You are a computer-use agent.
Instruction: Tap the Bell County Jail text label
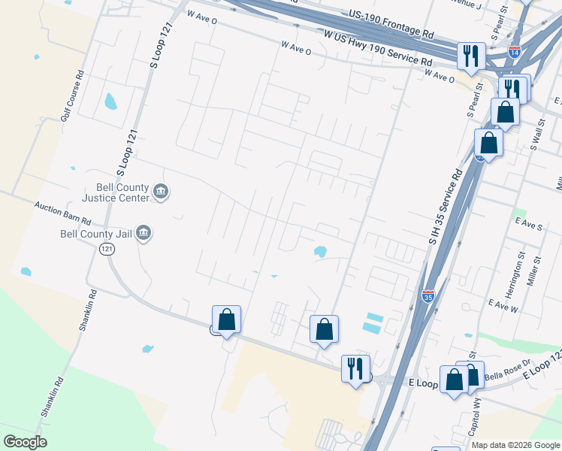(x=96, y=234)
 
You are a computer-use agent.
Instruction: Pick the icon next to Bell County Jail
(x=144, y=234)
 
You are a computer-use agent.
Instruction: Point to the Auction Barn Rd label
(x=62, y=213)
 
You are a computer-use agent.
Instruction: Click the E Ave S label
(x=529, y=225)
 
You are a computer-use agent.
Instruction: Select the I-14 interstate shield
(x=514, y=53)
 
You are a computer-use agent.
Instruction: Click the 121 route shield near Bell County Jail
(x=107, y=250)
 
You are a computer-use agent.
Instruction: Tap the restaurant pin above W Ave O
(x=471, y=55)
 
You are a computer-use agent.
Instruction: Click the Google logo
(x=25, y=442)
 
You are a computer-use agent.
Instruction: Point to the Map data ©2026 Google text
(x=515, y=445)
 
